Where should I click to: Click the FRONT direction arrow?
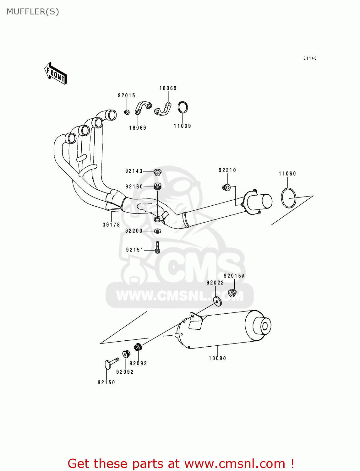[56, 73]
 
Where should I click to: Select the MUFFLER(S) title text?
[33, 12]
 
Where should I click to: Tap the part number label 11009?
[183, 126]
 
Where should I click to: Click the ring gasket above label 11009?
[183, 107]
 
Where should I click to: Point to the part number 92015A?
[234, 276]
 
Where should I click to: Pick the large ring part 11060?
[288, 198]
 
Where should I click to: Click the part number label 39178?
[111, 225]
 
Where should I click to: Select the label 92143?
[134, 171]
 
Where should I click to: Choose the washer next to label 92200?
[158, 231]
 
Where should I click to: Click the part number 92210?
[227, 170]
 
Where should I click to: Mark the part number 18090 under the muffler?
[217, 358]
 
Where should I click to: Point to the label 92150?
[106, 382]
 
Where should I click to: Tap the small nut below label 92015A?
[232, 293]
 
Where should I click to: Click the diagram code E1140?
[310, 58]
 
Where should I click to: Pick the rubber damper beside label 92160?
[157, 186]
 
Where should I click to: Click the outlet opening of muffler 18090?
[265, 326]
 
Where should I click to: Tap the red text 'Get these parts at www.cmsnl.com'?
[181, 463]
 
